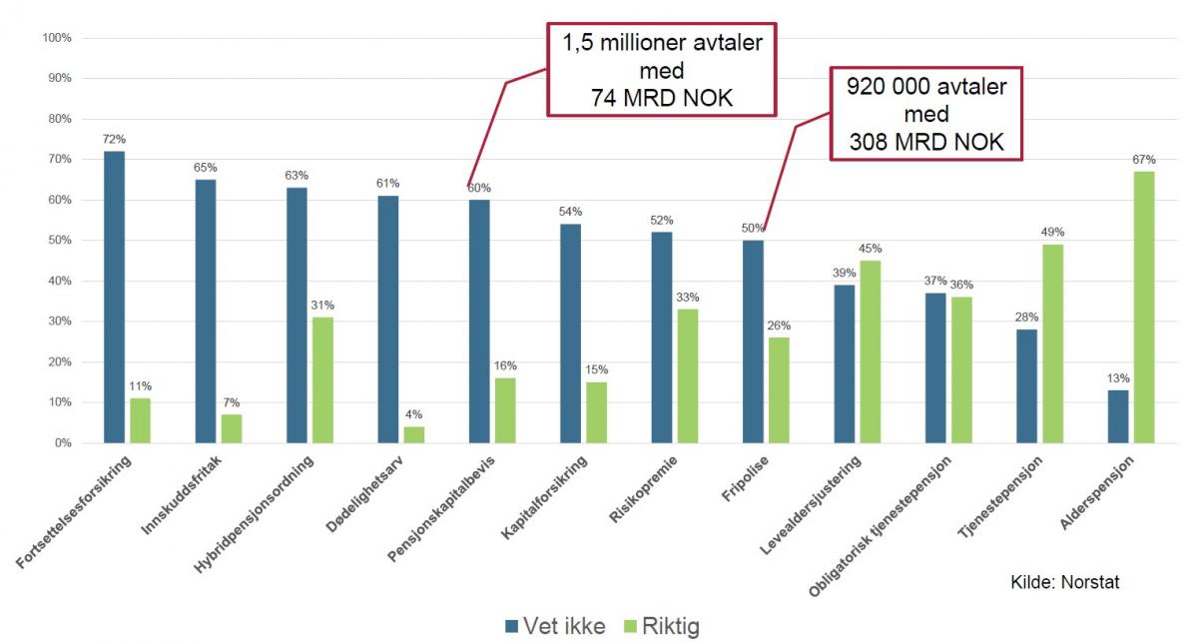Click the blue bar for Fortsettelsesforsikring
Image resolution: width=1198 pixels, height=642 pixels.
tap(114, 297)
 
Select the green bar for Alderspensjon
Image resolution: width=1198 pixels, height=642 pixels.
tap(1144, 307)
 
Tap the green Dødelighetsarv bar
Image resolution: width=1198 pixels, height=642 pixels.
tap(413, 434)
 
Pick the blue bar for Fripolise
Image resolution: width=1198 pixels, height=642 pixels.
tap(753, 341)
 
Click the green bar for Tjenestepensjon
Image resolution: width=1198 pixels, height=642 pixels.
tap(1052, 343)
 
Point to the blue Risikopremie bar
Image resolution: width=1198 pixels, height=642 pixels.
tap(661, 337)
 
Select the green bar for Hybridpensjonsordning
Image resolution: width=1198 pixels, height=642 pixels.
tap(322, 379)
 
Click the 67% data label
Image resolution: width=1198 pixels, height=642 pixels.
tap(1144, 159)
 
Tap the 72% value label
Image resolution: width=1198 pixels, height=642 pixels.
tap(114, 139)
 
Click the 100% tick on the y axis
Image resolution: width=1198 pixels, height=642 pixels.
tap(56, 38)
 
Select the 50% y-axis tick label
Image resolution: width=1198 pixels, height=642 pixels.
tap(58, 241)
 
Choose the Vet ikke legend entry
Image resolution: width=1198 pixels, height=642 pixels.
tap(553, 626)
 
